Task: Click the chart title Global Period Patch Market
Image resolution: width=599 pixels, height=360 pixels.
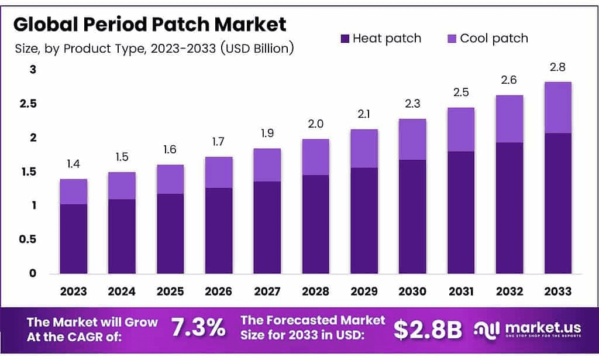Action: pyautogui.click(x=150, y=25)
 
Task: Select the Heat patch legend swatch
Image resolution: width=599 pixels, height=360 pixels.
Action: pyautogui.click(x=345, y=39)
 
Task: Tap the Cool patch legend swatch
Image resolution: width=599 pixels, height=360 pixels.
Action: pyautogui.click(x=452, y=39)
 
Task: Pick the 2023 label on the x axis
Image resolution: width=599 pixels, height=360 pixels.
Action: pyautogui.click(x=73, y=291)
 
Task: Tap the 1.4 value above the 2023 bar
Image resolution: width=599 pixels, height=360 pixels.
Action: pyautogui.click(x=73, y=164)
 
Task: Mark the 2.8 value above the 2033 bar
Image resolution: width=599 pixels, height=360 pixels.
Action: pyautogui.click(x=557, y=67)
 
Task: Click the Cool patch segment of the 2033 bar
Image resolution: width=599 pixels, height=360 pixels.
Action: pyautogui.click(x=557, y=108)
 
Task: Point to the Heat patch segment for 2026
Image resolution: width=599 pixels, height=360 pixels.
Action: pyautogui.click(x=218, y=231)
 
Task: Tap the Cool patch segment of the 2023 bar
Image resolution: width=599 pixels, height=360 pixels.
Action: pyautogui.click(x=73, y=191)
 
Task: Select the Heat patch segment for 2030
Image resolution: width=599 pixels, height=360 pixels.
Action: pyautogui.click(x=412, y=217)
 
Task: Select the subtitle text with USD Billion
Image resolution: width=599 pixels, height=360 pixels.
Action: pyautogui.click(x=153, y=48)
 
